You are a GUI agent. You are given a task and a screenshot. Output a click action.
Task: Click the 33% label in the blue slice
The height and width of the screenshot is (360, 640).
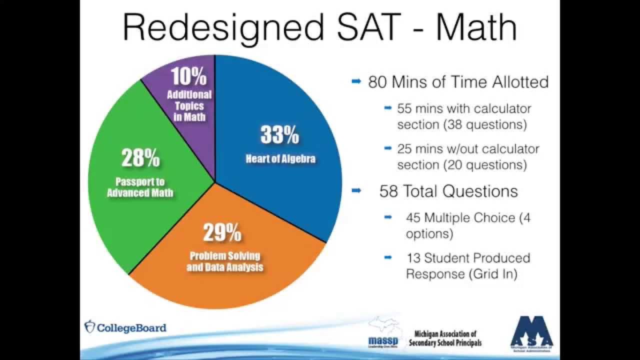[279, 135]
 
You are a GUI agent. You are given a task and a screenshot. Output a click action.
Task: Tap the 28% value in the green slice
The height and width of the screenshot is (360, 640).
[140, 158]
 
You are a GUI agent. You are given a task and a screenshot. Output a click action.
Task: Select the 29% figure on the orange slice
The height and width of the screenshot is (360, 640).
[222, 232]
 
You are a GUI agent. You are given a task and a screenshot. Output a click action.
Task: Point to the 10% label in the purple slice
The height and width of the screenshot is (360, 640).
[188, 77]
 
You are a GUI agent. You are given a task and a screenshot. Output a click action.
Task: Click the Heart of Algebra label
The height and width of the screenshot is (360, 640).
[280, 159]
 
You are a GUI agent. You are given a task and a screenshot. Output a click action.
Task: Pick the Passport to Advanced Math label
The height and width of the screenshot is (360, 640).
[140, 187]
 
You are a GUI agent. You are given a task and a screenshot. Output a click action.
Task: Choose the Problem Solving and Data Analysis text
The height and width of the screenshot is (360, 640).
[224, 261]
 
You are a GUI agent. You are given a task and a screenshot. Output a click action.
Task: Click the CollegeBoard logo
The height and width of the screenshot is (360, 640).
[125, 327]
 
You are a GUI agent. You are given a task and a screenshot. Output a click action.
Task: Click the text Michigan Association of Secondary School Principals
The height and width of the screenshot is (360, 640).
[445, 338]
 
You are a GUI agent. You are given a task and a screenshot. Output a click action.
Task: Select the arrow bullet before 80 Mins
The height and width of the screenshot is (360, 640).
[356, 81]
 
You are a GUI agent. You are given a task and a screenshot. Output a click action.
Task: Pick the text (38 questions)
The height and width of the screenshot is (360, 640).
[485, 124]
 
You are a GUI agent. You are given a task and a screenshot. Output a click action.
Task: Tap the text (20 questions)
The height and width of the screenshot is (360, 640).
[485, 164]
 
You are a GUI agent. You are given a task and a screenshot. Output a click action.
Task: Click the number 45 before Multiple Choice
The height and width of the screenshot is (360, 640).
[414, 217]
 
